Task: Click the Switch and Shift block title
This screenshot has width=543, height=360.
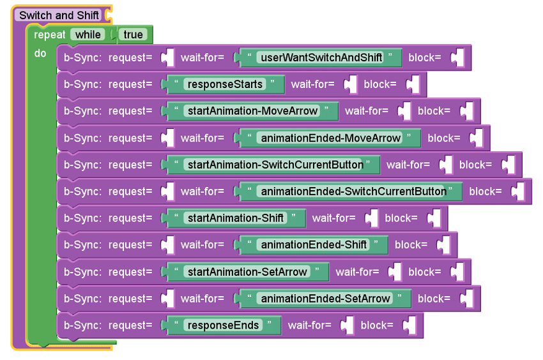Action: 59,15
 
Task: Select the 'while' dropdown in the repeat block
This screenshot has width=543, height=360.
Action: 88,34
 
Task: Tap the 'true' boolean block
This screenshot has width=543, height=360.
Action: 134,34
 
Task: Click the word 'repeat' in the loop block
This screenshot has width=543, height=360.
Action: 50,34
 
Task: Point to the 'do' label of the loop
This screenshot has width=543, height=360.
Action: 40,54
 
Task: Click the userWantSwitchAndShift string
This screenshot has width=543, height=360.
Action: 320,57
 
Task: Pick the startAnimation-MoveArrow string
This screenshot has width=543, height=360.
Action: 252,111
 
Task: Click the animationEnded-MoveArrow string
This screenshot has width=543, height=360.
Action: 330,138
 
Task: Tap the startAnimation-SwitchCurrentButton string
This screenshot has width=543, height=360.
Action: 274,165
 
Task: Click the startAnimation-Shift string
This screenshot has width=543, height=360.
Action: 236,218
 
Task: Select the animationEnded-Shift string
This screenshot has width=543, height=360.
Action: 314,245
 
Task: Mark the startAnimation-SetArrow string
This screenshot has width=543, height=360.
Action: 248,272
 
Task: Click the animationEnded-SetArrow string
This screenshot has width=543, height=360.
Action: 325,299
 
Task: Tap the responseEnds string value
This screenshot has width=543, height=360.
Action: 223,326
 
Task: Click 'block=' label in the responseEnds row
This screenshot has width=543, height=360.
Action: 377,326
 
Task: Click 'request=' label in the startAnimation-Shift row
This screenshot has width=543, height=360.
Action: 130,218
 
